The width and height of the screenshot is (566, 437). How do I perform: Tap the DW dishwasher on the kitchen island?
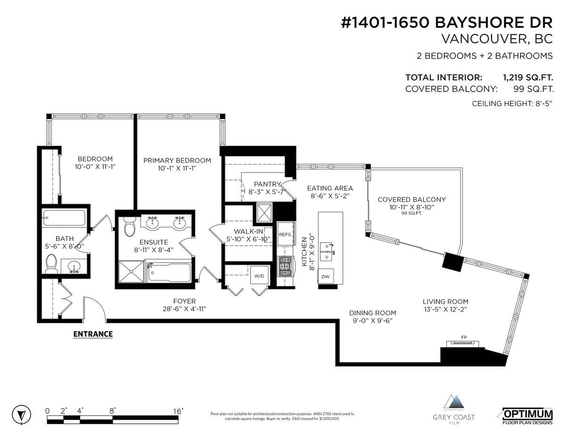tap(325, 277)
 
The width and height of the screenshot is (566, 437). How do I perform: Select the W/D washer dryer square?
tap(259, 275)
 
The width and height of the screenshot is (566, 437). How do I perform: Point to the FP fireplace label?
tap(464, 338)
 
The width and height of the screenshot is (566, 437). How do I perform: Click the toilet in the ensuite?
tap(129, 226)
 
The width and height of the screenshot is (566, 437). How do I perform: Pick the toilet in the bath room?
tap(51, 264)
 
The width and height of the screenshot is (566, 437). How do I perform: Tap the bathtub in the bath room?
tap(64, 218)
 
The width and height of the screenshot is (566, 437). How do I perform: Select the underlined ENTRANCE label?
tap(93, 334)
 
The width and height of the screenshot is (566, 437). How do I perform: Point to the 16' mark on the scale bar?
tap(178, 411)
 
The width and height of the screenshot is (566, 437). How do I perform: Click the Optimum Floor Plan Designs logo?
tap(527, 416)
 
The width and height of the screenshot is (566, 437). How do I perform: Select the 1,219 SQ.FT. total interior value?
tap(528, 78)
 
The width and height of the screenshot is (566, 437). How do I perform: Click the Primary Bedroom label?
tap(177, 160)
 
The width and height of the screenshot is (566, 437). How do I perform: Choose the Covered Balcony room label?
tap(412, 199)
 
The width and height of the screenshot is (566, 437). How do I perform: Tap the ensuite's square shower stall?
tap(131, 272)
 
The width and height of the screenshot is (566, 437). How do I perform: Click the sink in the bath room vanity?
tap(74, 266)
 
